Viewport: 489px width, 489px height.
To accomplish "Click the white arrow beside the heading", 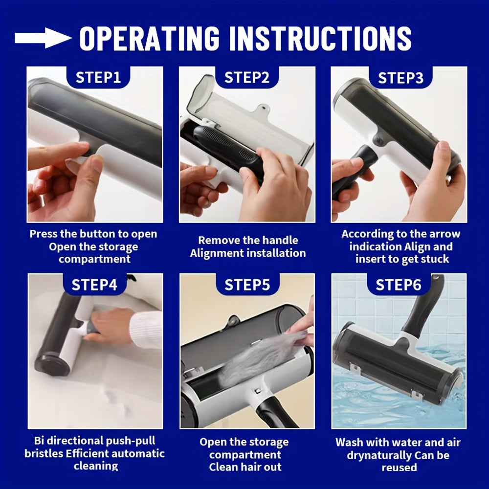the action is [43, 38].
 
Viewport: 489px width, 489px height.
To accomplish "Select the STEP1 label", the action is [98, 77].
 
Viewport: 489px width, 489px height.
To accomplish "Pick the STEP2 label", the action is [246, 77].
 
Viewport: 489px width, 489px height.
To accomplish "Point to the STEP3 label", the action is [400, 78].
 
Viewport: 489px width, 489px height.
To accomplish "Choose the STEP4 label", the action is [94, 285].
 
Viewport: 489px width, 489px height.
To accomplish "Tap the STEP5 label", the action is [247, 285].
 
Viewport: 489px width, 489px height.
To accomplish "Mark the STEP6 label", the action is [398, 285].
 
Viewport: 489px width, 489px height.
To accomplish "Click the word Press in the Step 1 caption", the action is [43, 234].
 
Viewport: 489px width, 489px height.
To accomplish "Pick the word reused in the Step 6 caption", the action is [399, 467].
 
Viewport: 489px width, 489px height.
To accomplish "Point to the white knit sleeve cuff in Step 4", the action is [146, 330].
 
